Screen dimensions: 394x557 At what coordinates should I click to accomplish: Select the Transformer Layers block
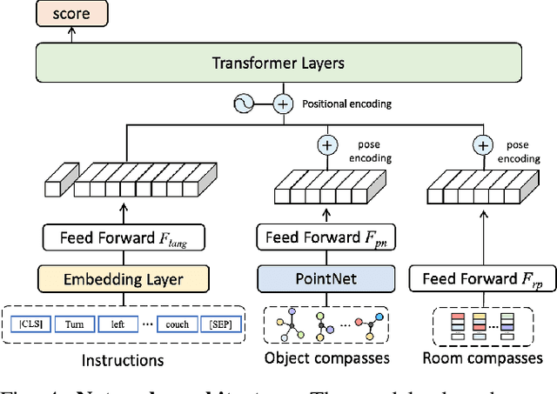[x=278, y=63]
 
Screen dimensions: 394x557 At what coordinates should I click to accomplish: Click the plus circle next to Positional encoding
[x=282, y=104]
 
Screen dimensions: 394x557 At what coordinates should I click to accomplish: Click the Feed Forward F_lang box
[x=123, y=237]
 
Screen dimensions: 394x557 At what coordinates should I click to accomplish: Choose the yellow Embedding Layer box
[x=123, y=278]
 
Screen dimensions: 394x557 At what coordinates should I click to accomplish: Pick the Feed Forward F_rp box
[x=481, y=278]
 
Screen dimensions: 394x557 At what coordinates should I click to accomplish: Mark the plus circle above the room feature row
[x=480, y=145]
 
